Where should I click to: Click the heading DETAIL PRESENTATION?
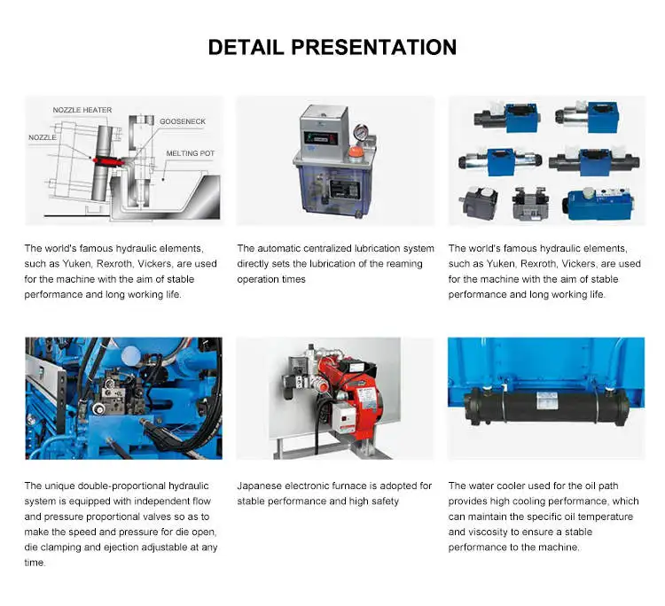coord(332,47)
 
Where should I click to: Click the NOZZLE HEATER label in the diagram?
coord(82,110)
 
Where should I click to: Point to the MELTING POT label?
coord(191,153)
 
